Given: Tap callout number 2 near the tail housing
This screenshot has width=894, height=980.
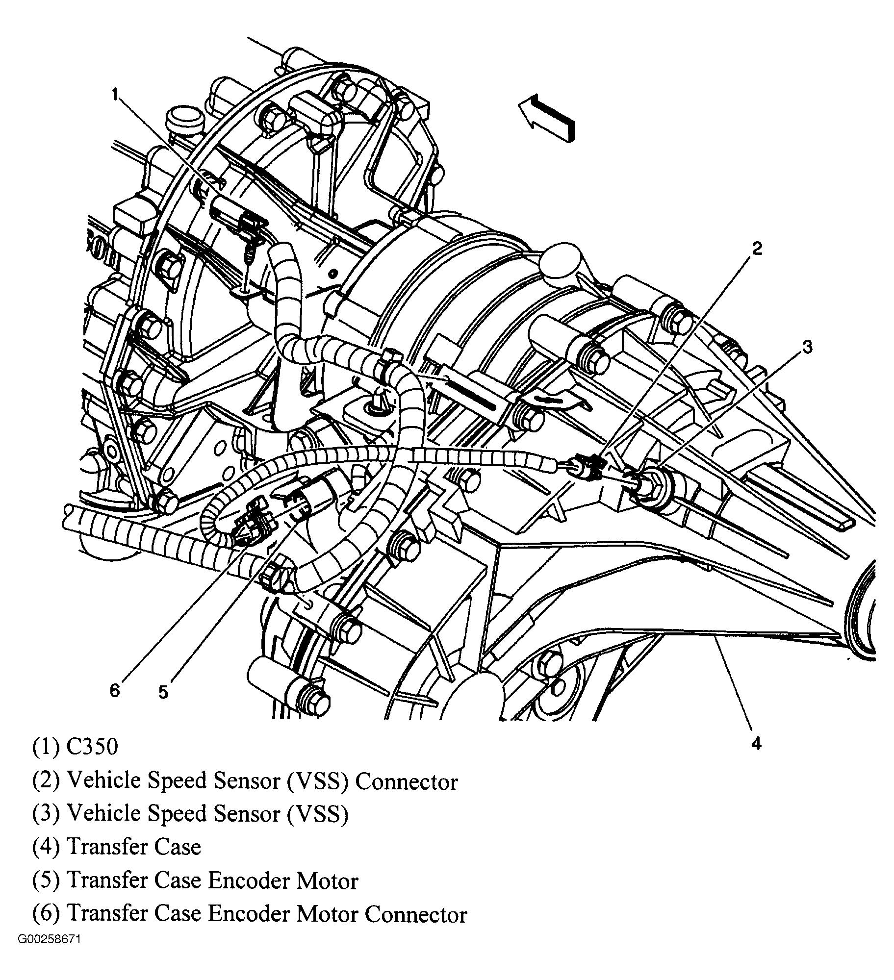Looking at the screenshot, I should [757, 249].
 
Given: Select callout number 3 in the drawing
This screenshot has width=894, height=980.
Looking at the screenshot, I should [807, 347].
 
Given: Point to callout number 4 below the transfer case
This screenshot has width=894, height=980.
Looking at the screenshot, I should [756, 744].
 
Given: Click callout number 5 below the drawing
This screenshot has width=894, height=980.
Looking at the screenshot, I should [163, 692].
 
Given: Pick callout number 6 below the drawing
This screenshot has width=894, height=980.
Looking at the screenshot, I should [114, 691].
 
